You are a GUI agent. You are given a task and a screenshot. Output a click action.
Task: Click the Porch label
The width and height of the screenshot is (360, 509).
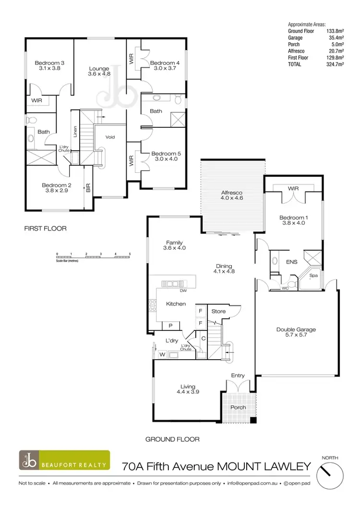(x=238, y=407)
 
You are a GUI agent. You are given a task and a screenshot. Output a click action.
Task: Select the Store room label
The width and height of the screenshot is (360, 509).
(x=218, y=311)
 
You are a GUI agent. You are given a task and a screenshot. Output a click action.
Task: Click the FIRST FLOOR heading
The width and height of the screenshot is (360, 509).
(x=45, y=229)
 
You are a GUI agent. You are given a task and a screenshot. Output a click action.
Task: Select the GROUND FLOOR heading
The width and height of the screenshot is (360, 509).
(x=172, y=439)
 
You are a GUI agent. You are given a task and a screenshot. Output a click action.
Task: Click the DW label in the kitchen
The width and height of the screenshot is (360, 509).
(x=183, y=291)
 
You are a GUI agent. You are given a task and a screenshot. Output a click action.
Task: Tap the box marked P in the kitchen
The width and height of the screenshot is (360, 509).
(x=170, y=326)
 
